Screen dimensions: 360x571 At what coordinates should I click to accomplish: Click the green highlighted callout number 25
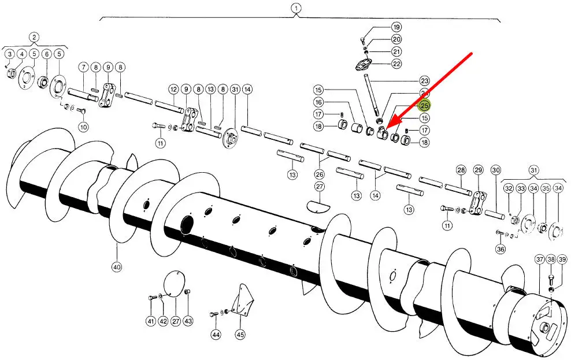(425, 106)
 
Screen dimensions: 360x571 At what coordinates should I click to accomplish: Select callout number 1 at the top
(296, 8)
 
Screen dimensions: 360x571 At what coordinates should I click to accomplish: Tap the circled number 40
(117, 266)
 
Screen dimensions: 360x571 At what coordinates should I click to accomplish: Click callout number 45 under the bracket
(240, 335)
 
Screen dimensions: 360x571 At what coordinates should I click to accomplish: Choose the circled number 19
(396, 27)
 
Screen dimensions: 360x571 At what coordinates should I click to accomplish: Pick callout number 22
(396, 64)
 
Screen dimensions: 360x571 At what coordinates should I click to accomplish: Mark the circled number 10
(83, 127)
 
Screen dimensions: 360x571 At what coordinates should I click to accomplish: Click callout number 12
(173, 90)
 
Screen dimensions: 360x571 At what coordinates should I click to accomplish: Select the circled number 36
(500, 249)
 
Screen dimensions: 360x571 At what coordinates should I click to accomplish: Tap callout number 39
(562, 259)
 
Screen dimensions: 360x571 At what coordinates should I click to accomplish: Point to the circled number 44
(216, 335)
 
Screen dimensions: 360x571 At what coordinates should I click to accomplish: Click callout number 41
(150, 321)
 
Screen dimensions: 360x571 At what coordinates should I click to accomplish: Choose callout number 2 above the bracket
(34, 38)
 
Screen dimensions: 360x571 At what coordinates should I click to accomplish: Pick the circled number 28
(461, 170)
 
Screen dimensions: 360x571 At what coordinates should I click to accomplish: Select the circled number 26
(319, 174)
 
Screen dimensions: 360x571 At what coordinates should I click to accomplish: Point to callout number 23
(425, 81)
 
